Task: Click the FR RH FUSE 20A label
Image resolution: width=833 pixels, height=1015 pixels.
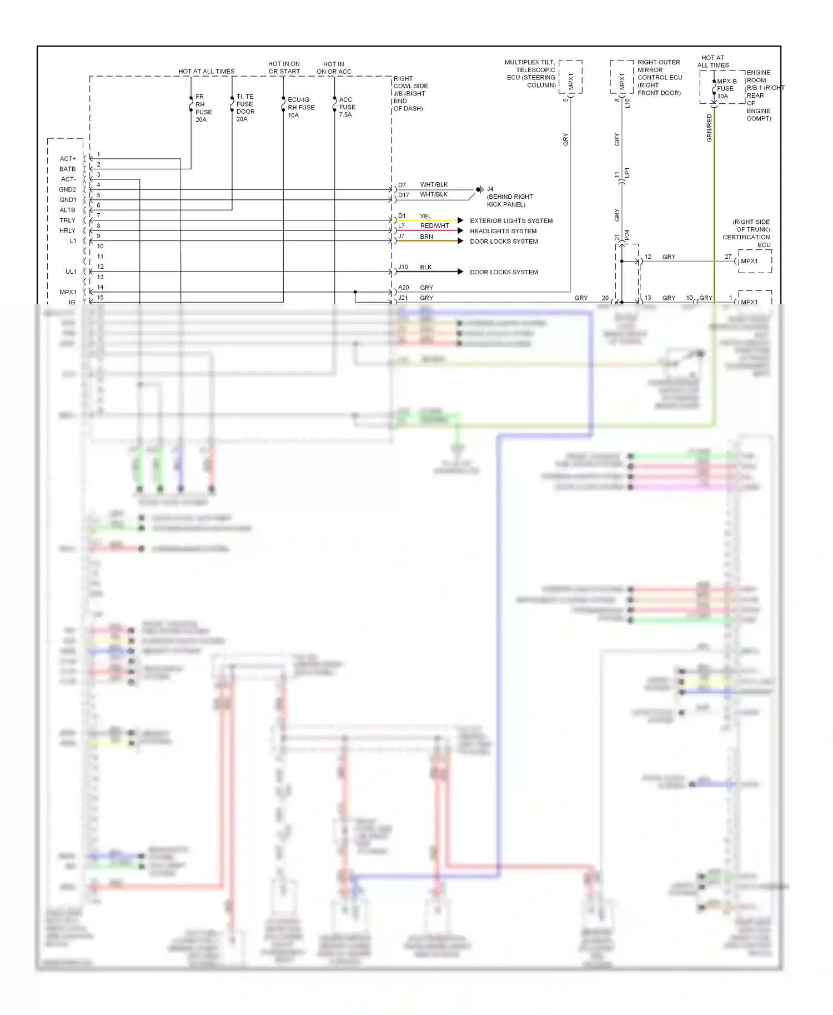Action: (203, 108)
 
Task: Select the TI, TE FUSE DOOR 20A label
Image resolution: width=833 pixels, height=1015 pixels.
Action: (245, 108)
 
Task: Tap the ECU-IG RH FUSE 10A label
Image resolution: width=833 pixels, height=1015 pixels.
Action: (301, 107)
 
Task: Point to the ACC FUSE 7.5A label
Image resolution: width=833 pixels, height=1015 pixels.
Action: (347, 107)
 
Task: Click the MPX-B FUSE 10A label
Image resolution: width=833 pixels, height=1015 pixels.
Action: (726, 89)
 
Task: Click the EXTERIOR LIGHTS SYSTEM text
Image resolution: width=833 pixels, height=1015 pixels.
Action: (511, 221)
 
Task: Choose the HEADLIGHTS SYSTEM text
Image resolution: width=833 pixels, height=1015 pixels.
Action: (503, 231)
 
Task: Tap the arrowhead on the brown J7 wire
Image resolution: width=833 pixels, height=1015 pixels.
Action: (460, 241)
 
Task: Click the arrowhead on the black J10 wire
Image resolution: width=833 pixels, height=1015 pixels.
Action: (460, 272)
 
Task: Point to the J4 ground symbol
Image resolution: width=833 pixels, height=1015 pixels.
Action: (479, 189)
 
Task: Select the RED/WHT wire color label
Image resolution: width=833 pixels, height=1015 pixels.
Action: (434, 226)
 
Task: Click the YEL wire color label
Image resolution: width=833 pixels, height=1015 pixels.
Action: (425, 216)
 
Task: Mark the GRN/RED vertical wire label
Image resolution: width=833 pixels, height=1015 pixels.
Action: (709, 128)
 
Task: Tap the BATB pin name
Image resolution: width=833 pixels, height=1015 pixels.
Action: (68, 169)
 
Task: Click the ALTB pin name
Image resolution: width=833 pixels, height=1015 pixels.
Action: (67, 210)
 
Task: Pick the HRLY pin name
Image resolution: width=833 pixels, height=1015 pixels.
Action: (67, 230)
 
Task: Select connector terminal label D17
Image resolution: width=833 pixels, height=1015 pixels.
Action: (404, 195)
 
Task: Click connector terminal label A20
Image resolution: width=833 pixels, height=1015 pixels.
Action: (404, 288)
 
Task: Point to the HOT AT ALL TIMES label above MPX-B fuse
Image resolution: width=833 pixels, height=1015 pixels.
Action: (713, 62)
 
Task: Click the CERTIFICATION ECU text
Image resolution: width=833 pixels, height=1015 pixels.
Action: (746, 241)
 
